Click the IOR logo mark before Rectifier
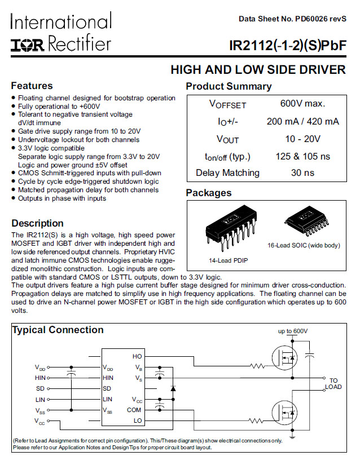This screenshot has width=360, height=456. point(28,45)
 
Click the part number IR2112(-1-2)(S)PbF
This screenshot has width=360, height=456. point(287,46)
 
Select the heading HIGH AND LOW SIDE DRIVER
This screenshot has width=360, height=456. point(258,70)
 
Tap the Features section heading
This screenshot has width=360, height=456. point(32,86)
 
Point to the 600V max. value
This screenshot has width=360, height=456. point(302,104)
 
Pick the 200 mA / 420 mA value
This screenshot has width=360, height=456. point(302,121)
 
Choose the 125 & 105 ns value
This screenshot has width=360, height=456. point(302,156)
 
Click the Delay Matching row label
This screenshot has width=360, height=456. point(227,173)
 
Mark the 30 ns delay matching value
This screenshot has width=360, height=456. point(302,173)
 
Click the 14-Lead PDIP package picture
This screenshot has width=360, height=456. point(229,231)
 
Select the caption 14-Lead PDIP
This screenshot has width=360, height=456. point(229,260)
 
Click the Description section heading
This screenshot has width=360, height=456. point(37,223)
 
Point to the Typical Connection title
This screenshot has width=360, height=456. point(58,330)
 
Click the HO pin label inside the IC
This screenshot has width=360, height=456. point(137,356)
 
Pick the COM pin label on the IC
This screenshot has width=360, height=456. point(134,410)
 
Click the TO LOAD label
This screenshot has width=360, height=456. point(333,384)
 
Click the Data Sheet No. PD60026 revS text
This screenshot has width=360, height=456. point(292,19)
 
